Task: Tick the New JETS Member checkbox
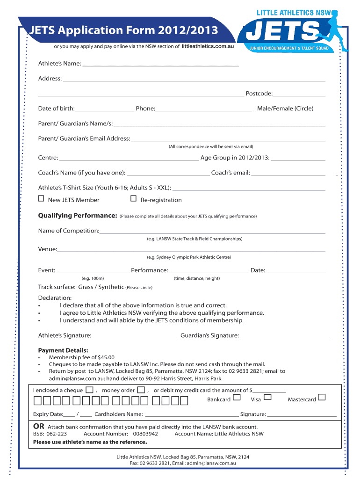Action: click(41, 199)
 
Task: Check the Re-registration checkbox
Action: click(133, 199)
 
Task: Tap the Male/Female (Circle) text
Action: click(285, 109)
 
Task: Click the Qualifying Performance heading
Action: click(77, 216)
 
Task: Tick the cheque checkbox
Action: click(89, 390)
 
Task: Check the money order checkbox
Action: click(141, 390)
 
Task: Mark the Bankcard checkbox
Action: click(237, 398)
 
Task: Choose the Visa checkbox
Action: click(267, 398)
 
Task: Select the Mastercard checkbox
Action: click(321, 398)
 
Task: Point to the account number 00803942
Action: click(146, 434)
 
